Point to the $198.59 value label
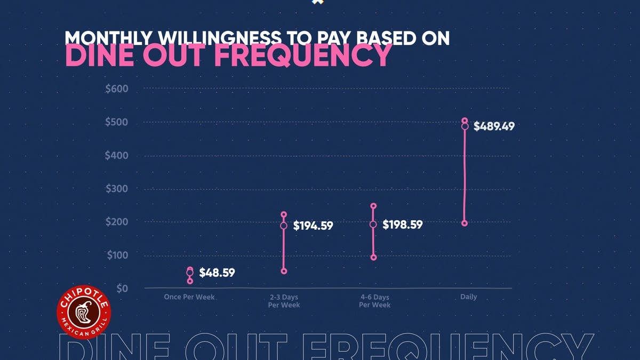(x=403, y=225)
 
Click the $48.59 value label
(x=217, y=273)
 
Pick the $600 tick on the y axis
(x=117, y=89)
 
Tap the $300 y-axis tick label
(x=117, y=189)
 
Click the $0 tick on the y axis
(x=123, y=289)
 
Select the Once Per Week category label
(x=189, y=297)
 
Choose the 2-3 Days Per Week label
(x=284, y=301)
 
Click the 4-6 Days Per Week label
(x=374, y=301)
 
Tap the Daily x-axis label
(x=468, y=297)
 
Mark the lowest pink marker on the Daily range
(x=465, y=223)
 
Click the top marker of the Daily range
(x=465, y=121)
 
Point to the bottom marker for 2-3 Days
(x=284, y=271)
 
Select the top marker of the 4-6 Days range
(x=373, y=206)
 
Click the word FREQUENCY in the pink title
(x=302, y=56)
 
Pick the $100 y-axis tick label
(x=117, y=255)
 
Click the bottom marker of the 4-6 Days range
(x=373, y=258)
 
